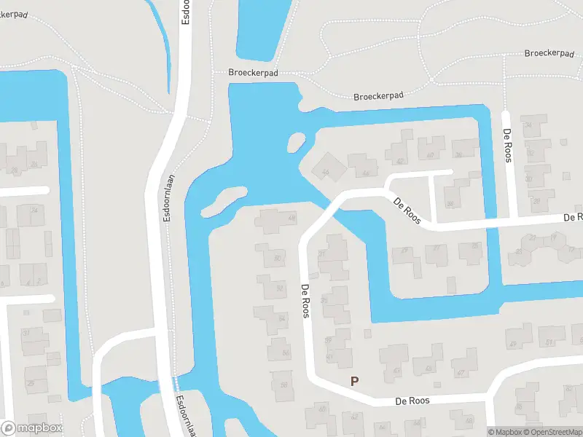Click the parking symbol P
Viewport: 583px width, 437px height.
click(355, 381)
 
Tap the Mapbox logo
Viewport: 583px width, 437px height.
click(32, 428)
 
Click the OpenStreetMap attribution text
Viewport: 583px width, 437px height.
click(552, 432)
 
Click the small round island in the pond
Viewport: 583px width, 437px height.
click(297, 141)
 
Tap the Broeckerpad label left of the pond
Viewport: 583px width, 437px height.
click(253, 74)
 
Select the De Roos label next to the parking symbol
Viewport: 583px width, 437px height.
click(412, 401)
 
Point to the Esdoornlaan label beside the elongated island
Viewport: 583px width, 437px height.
click(168, 199)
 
